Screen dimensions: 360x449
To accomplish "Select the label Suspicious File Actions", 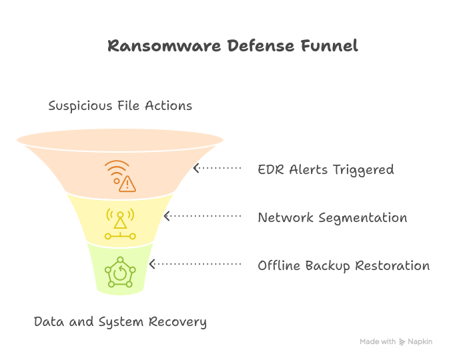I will [x=120, y=106].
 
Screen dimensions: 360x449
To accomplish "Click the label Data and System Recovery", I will [x=120, y=322].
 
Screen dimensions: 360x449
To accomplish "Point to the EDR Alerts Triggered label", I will [x=326, y=169].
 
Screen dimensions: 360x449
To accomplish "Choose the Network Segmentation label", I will [x=332, y=217].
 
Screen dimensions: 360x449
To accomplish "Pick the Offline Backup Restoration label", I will [x=344, y=265].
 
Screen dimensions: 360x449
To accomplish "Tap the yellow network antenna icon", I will [x=120, y=224].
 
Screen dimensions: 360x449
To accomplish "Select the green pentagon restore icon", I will [x=120, y=271].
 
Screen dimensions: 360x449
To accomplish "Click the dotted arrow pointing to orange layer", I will [x=217, y=169].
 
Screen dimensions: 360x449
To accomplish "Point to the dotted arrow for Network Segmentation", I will [x=202, y=216].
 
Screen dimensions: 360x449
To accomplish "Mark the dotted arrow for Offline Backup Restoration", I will [x=195, y=264].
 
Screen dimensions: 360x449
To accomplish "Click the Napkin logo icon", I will [x=402, y=342].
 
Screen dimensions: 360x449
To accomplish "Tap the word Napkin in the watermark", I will [x=420, y=341].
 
